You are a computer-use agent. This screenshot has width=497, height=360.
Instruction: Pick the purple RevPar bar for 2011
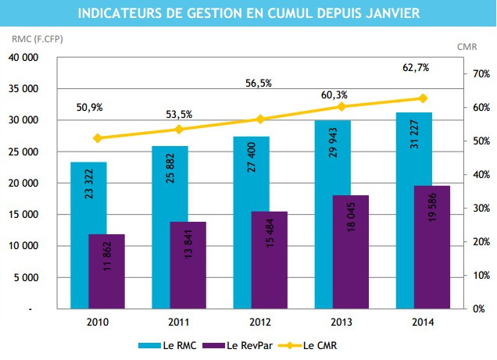(x=188, y=266)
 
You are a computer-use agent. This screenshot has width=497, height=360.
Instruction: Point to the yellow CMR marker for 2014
(x=423, y=98)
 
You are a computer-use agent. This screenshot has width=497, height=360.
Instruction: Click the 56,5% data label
(x=258, y=84)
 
